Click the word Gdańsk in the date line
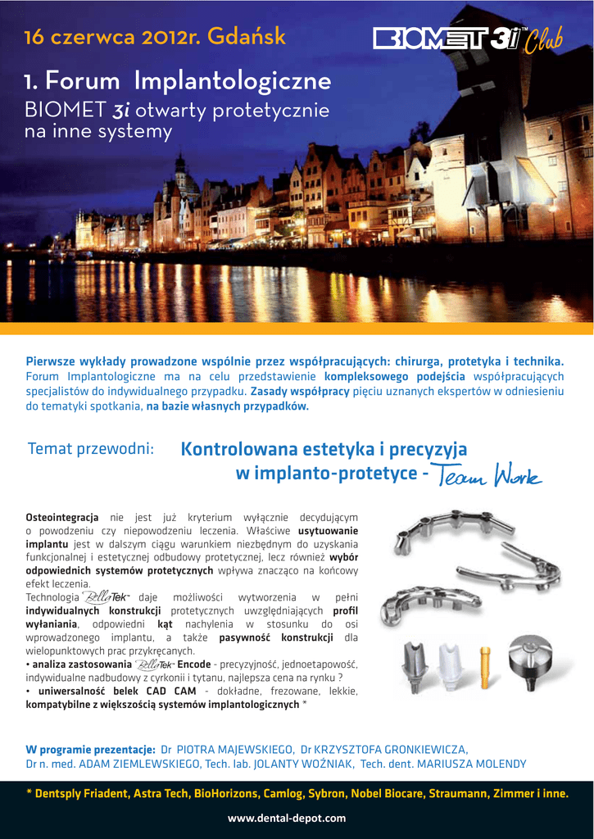point(247,37)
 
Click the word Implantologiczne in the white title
point(232,81)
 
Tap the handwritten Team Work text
point(488,474)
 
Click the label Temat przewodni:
point(91,449)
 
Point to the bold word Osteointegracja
point(62,517)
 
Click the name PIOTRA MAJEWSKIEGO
point(235,749)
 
